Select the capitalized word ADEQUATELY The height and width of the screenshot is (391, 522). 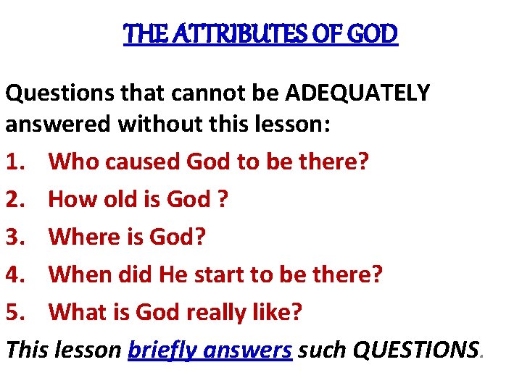click(x=357, y=93)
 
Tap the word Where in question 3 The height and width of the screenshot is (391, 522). click(x=79, y=237)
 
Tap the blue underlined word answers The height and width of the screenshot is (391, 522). click(x=247, y=350)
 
